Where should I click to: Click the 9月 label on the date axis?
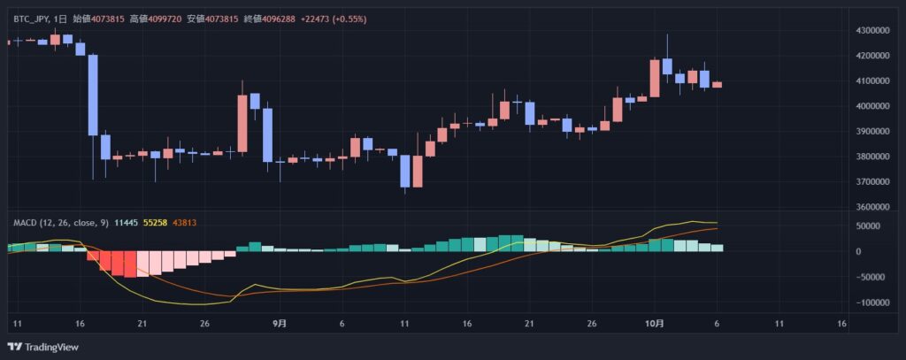tap(280, 324)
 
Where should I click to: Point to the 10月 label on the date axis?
tap(654, 324)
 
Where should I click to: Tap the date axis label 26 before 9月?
tap(205, 324)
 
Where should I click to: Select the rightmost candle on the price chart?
tap(717, 85)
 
